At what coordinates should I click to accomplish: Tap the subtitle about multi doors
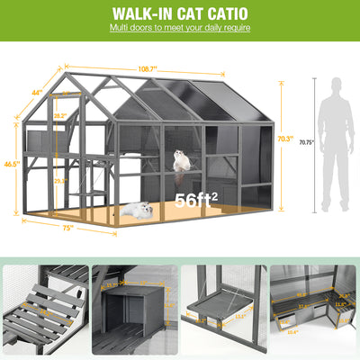[180, 29]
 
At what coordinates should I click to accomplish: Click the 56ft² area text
[196, 200]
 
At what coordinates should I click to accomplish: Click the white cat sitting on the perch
[184, 160]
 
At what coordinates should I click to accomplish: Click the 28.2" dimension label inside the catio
[59, 116]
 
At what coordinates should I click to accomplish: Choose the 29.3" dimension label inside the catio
[59, 181]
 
